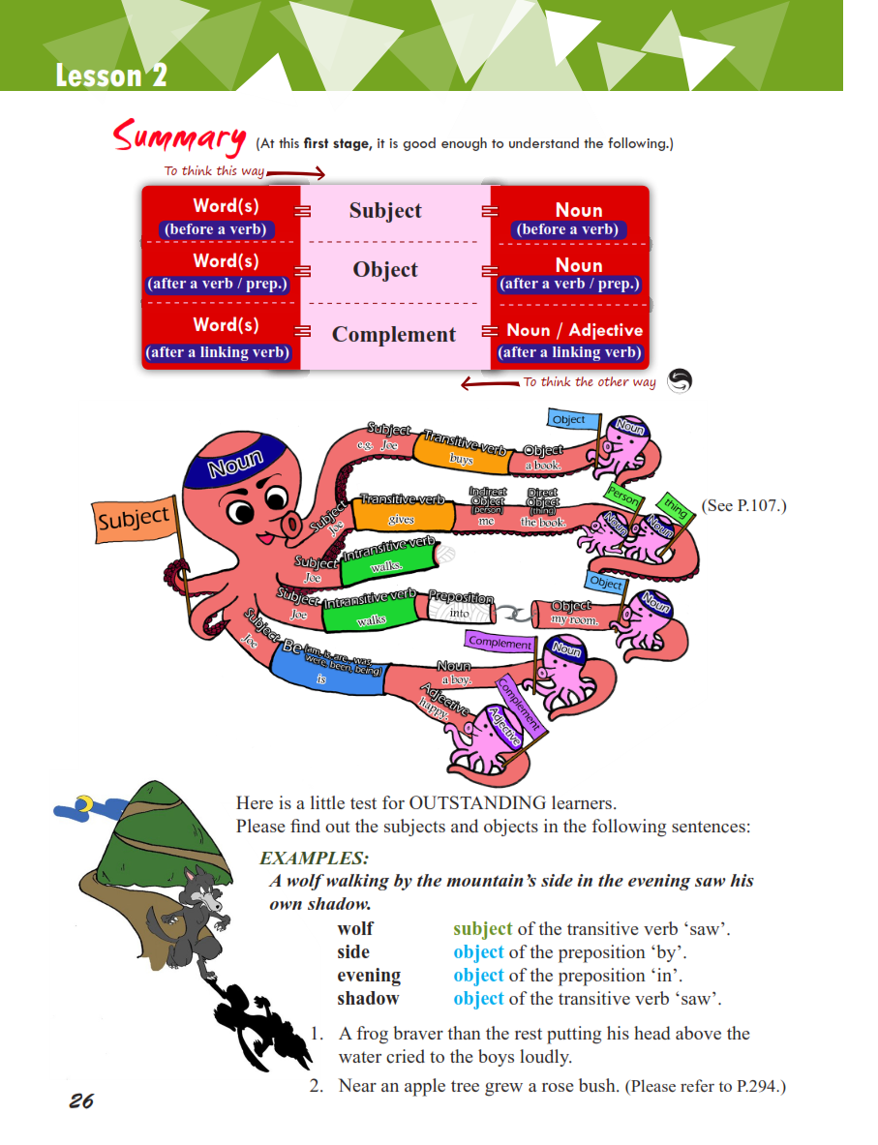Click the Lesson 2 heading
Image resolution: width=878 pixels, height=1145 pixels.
[111, 75]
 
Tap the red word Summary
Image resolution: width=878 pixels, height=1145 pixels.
[179, 137]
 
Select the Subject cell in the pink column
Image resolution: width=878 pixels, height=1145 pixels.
[385, 211]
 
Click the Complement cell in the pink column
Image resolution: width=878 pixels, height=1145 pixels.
[393, 335]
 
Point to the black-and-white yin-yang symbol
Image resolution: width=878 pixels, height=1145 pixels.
[680, 381]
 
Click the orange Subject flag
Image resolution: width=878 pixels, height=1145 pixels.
[134, 519]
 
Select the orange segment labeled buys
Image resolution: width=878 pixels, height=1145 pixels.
[460, 453]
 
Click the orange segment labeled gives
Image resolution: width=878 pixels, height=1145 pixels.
[401, 516]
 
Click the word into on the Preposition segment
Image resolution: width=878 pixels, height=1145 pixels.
[460, 613]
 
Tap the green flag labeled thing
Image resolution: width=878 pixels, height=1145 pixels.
[675, 506]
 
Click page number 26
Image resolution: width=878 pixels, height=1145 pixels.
[81, 1100]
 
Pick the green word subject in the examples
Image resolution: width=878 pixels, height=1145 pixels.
[482, 929]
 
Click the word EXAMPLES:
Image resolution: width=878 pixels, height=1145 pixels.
[314, 859]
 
